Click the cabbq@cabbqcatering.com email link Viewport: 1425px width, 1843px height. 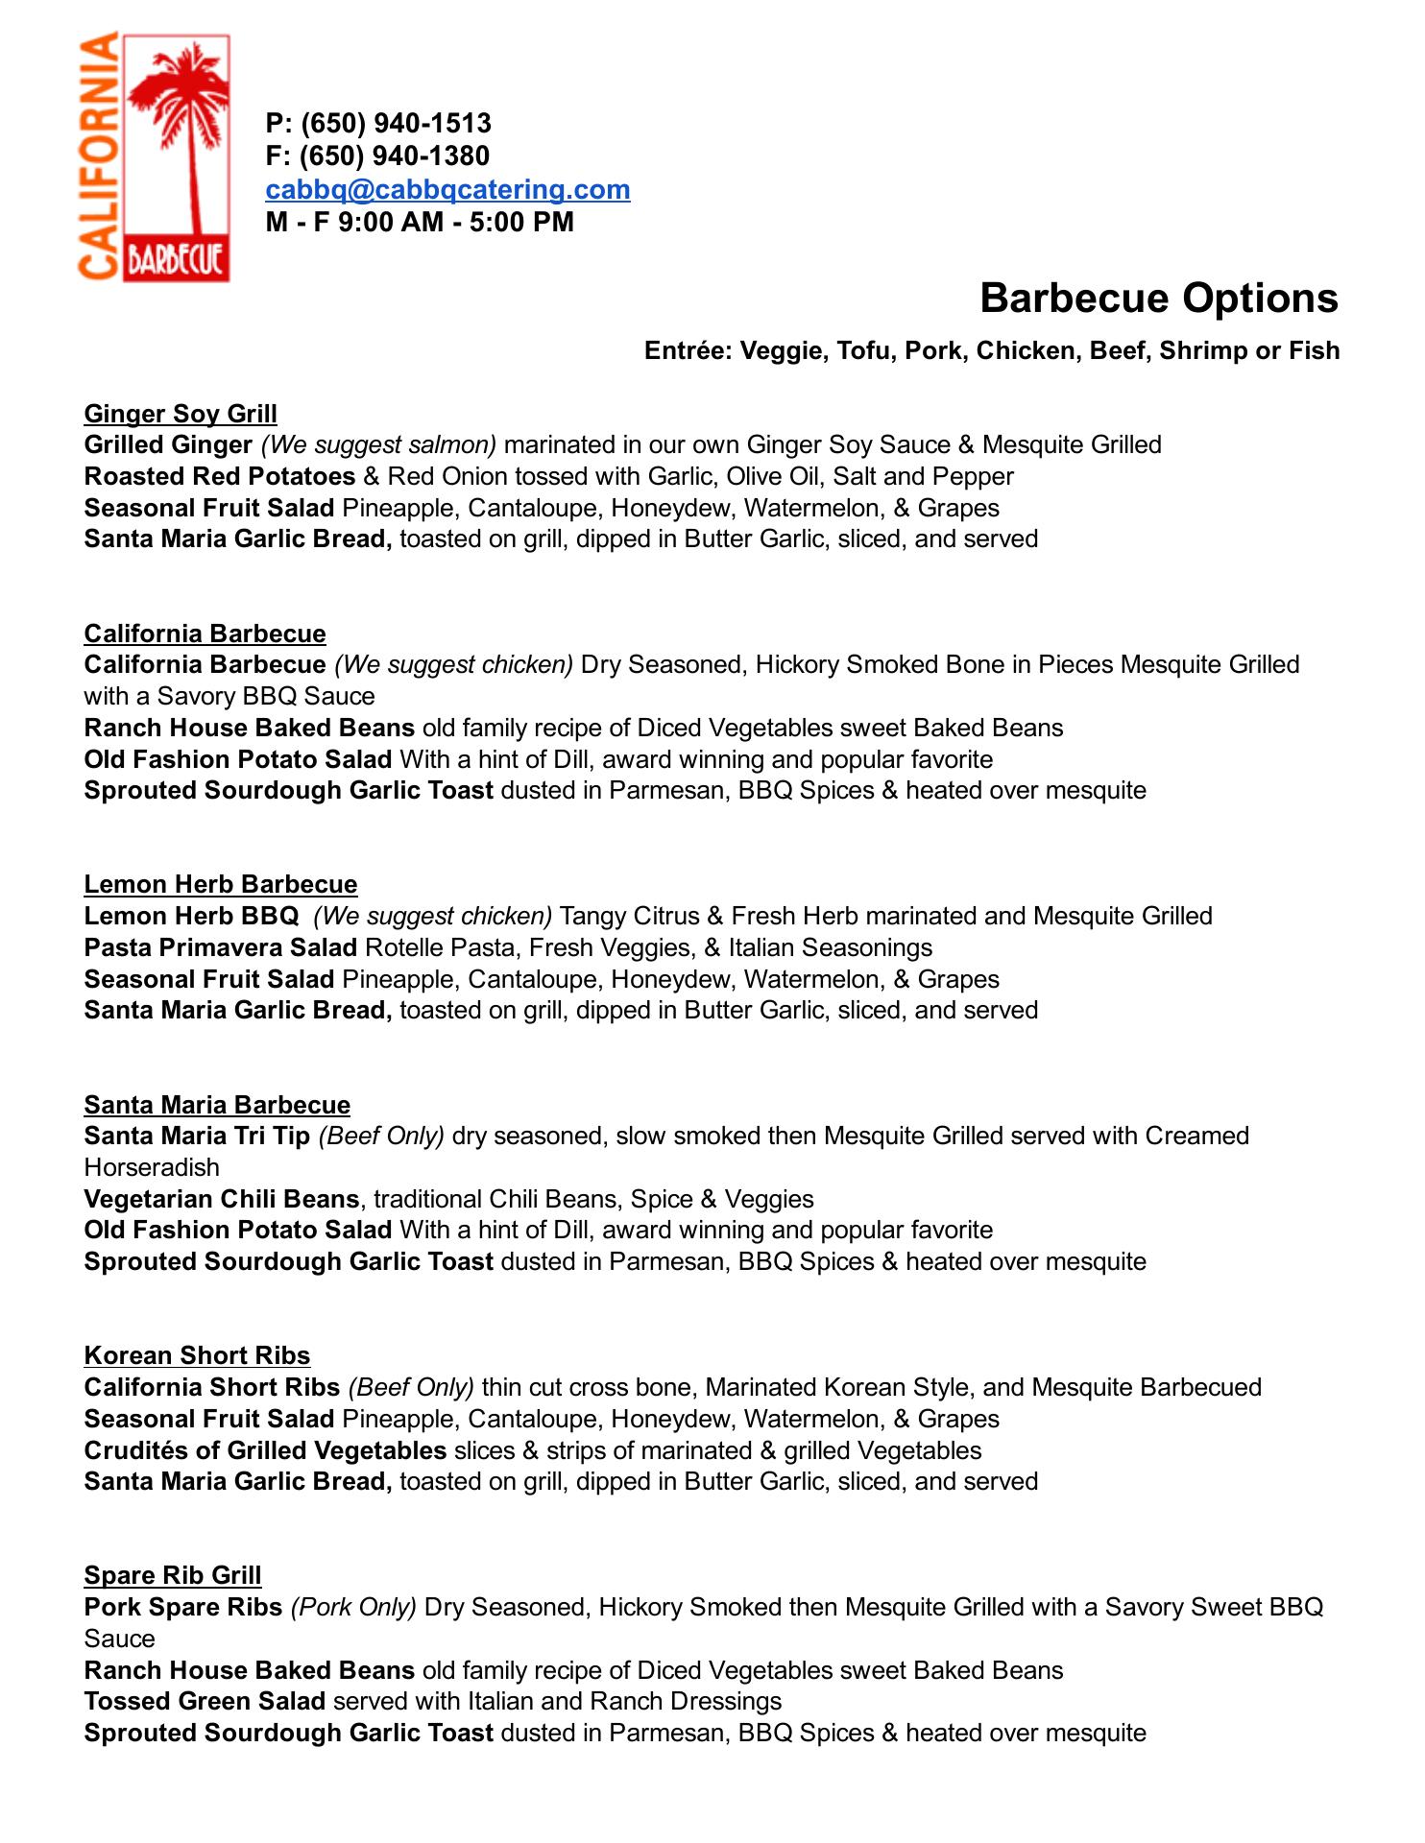447,189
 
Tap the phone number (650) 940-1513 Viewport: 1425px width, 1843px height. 396,123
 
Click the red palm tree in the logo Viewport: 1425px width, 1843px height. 182,125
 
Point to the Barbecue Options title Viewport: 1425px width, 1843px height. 1158,298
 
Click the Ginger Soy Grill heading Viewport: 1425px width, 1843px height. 181,414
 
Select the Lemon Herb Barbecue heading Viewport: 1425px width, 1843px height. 221,884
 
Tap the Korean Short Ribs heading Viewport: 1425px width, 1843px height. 197,1355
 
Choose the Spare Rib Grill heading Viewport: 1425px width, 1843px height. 173,1575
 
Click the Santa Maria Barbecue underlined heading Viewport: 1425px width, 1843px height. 217,1105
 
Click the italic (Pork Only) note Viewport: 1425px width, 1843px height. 353,1607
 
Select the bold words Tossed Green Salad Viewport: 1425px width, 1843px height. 205,1701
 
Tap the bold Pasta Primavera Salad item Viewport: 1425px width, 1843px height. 221,947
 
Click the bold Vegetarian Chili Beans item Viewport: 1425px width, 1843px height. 222,1199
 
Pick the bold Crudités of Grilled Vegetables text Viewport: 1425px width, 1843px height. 265,1450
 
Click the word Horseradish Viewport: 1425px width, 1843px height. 152,1167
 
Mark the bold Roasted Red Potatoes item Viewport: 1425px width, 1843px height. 220,476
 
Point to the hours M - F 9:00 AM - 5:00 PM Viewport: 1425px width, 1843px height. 420,222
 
